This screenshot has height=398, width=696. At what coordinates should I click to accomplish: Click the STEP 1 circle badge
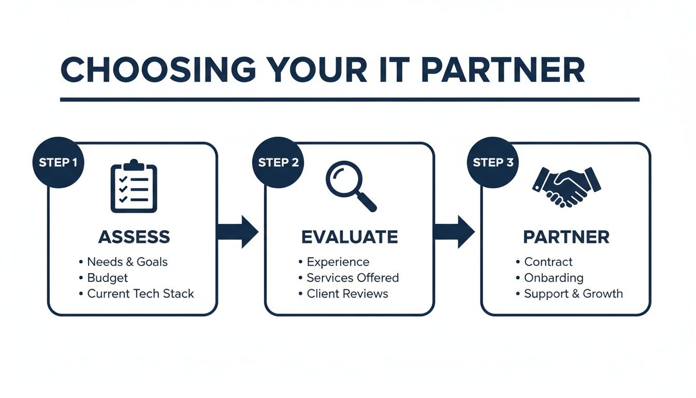pos(57,162)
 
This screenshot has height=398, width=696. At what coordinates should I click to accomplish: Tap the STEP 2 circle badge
pos(278,162)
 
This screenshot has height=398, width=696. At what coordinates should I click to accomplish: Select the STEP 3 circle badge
pos(492,162)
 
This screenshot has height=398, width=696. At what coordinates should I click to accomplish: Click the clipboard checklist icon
pos(134,186)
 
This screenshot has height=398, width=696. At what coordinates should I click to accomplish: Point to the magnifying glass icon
pos(350,186)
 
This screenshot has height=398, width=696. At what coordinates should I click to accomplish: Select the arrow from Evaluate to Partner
pos(454,232)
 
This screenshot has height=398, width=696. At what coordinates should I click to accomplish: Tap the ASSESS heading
pos(134,237)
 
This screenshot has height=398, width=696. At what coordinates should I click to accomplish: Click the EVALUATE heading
pos(350,237)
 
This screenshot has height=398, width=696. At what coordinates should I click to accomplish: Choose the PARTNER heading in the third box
pos(566,237)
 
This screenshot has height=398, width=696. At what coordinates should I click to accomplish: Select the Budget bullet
pos(107,278)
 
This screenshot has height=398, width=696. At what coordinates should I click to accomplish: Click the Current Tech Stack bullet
pos(140,293)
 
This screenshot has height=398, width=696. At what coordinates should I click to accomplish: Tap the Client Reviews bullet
pos(347,293)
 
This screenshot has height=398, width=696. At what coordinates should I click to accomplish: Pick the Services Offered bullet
pos(352,278)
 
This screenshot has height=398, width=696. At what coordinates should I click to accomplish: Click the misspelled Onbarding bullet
pos(554,278)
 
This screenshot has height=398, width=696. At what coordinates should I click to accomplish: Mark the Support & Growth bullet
pos(573,293)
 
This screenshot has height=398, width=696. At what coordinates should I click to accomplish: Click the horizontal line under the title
pos(350,99)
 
